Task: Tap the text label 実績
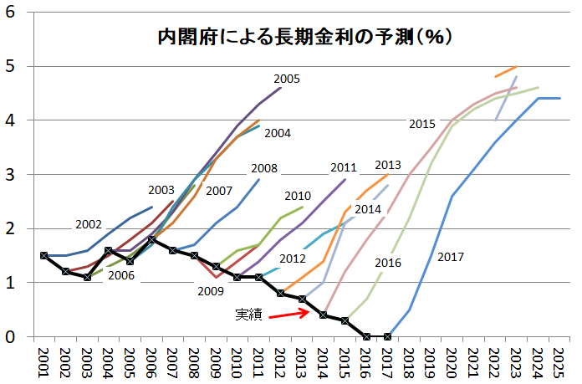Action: coord(248,315)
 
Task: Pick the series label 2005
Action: coord(286,79)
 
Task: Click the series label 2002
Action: coord(88,224)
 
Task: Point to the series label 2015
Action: coord(422,124)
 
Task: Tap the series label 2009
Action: coord(211,291)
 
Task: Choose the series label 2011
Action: coord(344,166)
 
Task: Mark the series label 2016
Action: coord(388,263)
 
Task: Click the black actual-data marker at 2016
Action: coord(365,336)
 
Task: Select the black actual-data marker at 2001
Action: coord(43,255)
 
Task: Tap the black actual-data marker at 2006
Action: coord(151,239)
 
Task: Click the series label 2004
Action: coord(277,132)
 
